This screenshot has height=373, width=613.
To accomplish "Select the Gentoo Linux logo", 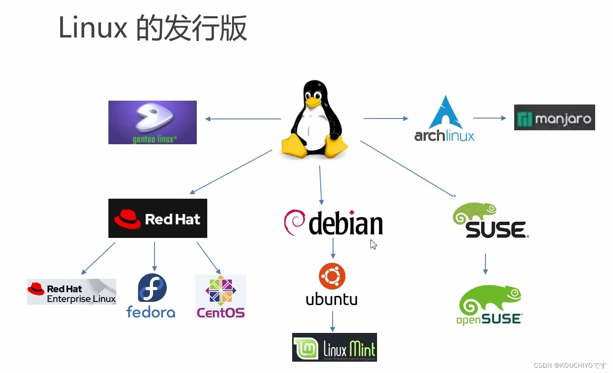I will coord(152,122).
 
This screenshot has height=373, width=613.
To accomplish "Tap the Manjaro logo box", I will coord(554,117).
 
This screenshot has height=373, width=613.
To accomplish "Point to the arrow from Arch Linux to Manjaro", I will coord(489,118).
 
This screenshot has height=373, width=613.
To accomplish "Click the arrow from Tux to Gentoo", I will coord(243,119).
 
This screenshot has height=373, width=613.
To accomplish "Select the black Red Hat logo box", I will coord(158,218).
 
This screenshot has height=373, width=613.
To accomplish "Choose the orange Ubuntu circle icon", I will coord(332,276).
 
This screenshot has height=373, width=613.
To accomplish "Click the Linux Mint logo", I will coord(334,347).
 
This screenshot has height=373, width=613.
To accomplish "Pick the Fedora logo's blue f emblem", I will coord(152,288).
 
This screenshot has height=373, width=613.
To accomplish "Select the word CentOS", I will coord(220,313).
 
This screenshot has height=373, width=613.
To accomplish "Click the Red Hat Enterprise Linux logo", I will coord(71,292).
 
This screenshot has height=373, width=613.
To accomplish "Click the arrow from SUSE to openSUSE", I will coord(485,264).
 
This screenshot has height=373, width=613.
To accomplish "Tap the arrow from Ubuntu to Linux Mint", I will coord(333,322).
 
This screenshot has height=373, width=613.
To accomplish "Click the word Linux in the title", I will coord(93,28).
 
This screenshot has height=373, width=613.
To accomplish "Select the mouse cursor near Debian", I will coord(373,244).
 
